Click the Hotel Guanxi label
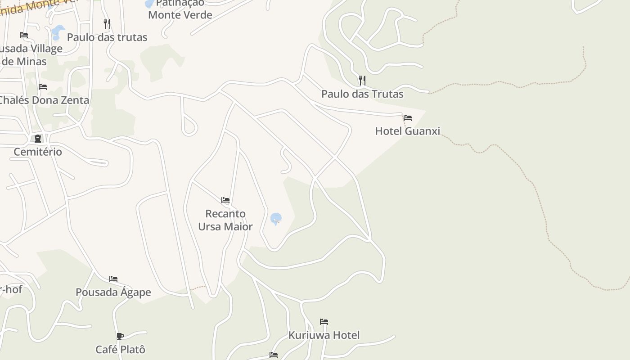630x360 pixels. click(x=407, y=131)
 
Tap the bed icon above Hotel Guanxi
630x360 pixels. click(x=408, y=118)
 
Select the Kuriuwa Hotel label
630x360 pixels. click(x=324, y=335)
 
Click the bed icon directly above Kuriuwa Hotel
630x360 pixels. click(x=324, y=322)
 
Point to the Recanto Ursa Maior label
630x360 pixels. click(x=225, y=220)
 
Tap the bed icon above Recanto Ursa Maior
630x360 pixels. click(x=225, y=200)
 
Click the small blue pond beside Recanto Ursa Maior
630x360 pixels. click(x=276, y=219)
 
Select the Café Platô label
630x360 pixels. click(x=120, y=349)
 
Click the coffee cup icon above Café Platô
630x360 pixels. click(x=120, y=336)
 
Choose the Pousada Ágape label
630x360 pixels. click(x=113, y=292)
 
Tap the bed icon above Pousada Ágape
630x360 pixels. click(x=113, y=279)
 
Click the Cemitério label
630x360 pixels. click(x=38, y=152)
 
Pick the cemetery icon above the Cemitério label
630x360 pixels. click(x=38, y=138)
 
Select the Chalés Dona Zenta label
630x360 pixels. click(x=44, y=100)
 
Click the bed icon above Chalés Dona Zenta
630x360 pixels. click(x=43, y=86)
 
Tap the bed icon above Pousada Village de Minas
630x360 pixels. click(x=24, y=35)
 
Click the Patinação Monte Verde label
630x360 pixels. click(x=180, y=9)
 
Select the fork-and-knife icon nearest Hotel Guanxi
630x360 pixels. click(x=362, y=81)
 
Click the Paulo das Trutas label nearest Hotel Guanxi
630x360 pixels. click(x=362, y=94)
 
